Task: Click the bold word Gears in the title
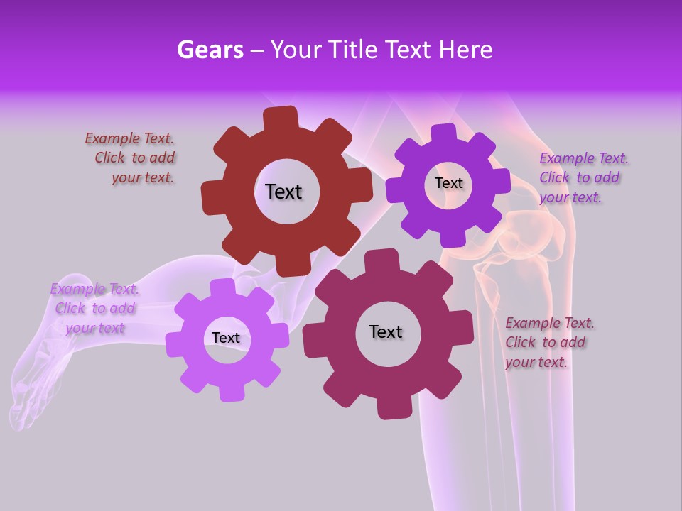coord(210,50)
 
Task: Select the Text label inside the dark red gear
coord(283,192)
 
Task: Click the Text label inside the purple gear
coord(448,183)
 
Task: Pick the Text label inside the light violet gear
coord(226,338)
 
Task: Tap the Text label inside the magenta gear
coord(386,331)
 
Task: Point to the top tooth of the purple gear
coord(444,133)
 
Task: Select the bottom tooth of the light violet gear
coord(230,392)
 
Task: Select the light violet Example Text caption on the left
coord(94,308)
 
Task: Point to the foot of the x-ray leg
coord(36,383)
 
